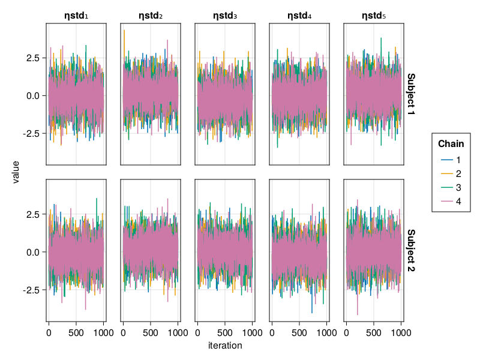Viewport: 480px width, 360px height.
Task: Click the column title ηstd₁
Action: click(76, 16)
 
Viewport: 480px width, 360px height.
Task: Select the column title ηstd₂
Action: click(151, 16)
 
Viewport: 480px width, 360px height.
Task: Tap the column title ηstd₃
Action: click(225, 16)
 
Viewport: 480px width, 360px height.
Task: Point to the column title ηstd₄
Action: click(299, 16)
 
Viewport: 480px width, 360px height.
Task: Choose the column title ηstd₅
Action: click(374, 16)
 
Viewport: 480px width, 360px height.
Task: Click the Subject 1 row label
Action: click(411, 94)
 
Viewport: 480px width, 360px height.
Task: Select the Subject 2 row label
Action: click(411, 251)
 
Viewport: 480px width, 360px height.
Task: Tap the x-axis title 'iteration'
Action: click(225, 346)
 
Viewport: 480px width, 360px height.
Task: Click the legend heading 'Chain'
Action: click(451, 144)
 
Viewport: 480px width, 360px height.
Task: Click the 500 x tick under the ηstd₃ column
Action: click(225, 331)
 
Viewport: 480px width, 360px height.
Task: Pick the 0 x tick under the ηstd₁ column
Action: click(49, 331)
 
